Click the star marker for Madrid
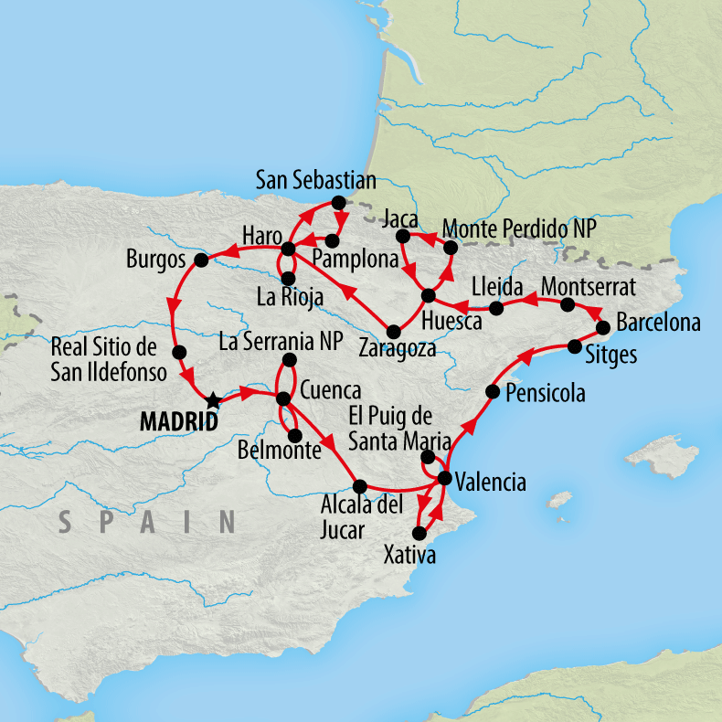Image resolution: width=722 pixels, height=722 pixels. (213, 400)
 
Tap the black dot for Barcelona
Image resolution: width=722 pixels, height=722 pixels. (603, 327)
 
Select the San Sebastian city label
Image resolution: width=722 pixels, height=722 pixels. (315, 179)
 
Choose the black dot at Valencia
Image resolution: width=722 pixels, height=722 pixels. (445, 478)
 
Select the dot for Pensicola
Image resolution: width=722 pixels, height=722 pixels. (492, 392)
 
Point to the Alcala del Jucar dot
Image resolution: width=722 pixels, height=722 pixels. (359, 486)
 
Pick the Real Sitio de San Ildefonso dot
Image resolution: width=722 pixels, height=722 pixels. (179, 352)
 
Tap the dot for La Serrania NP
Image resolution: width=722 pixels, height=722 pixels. (290, 359)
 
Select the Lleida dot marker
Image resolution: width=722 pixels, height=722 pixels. (496, 308)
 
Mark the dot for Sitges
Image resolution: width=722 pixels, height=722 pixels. (574, 345)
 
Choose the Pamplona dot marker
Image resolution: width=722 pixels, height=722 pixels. (333, 241)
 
